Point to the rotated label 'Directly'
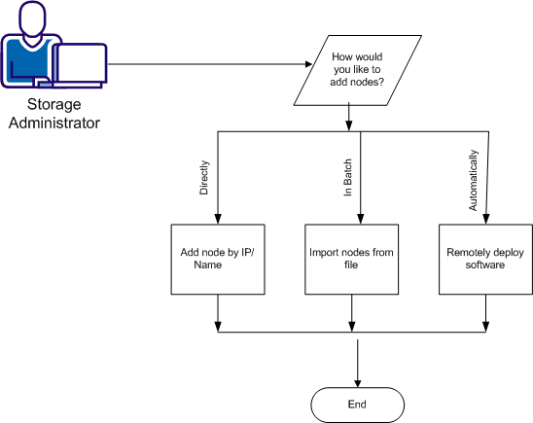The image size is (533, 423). pos(204,178)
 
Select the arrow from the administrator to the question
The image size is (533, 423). pos(204,65)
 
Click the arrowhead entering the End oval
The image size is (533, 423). pos(359,382)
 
